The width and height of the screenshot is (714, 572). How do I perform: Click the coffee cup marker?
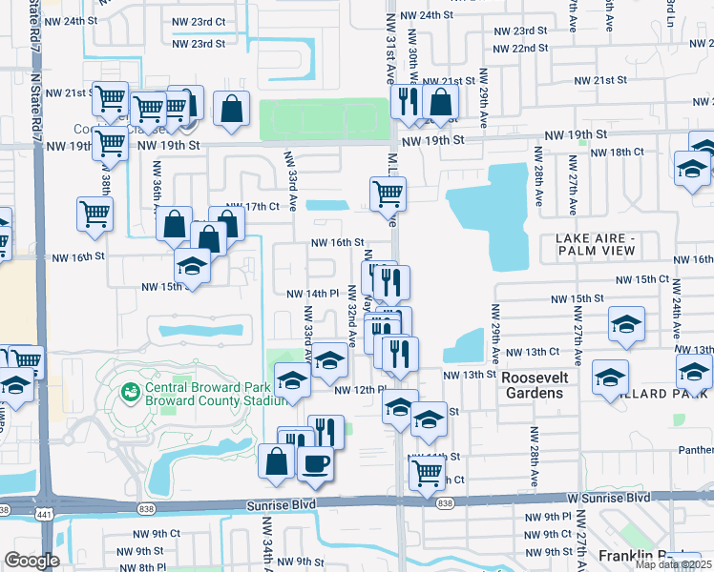(315, 463)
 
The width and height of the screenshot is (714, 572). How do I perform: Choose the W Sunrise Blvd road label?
(609, 498)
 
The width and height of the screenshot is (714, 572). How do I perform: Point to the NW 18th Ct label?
(617, 152)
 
